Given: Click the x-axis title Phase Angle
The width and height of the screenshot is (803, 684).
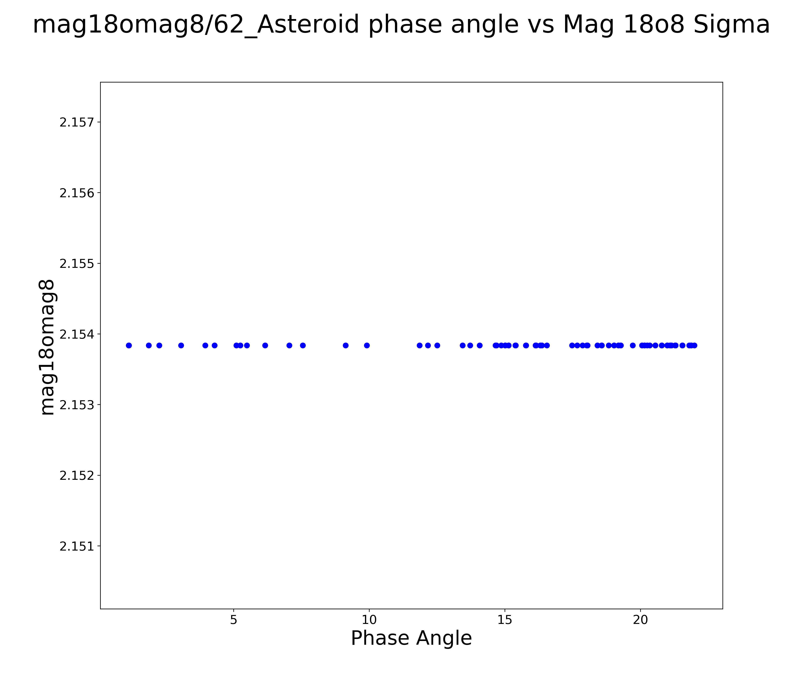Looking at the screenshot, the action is pos(411,638).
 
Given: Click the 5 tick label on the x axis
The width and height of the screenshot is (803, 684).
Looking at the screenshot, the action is pos(234,620).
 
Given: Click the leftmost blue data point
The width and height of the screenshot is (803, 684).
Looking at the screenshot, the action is pos(129,345).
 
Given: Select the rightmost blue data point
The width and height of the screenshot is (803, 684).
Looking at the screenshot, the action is pos(695,345).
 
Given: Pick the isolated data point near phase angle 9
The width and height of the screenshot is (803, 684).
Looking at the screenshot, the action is pos(346,345).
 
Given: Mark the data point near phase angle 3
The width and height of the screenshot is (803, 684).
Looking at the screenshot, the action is pos(181,345).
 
